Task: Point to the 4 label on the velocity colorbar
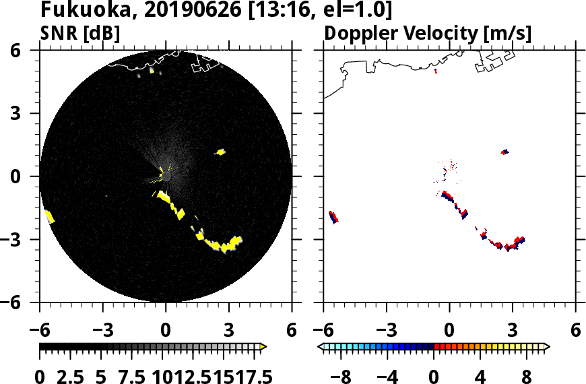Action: point(480,376)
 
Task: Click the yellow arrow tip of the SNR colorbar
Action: point(263,347)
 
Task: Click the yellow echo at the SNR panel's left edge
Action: point(48,216)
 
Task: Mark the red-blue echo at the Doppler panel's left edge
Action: point(333,216)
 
